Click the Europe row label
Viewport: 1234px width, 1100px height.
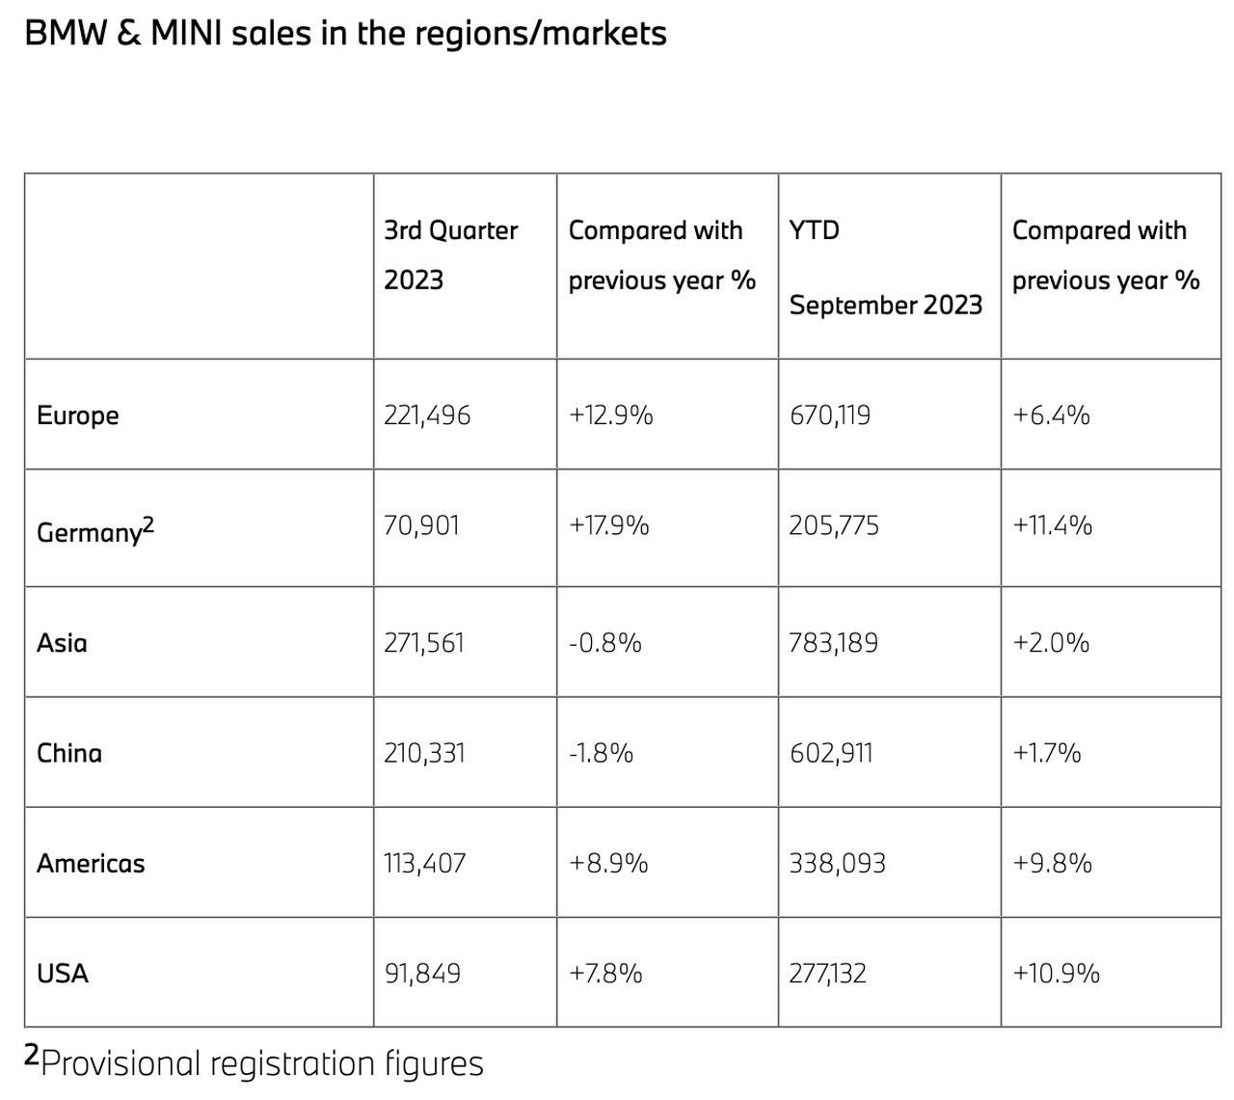77,416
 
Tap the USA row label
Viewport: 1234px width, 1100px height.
62,974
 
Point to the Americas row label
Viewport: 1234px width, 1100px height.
91,863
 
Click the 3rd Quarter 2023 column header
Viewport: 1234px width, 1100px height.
451,255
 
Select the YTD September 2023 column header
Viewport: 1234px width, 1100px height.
886,268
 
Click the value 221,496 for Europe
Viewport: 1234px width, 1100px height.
427,416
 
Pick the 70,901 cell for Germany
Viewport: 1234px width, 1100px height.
421,525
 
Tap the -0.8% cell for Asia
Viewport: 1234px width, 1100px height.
604,643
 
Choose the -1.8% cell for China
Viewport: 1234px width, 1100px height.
601,753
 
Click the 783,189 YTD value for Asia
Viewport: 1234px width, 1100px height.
833,643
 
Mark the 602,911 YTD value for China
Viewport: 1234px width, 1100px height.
831,753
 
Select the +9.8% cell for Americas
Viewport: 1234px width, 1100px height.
1052,863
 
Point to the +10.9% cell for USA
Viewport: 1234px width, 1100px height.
1056,974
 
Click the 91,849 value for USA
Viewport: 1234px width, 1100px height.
422,974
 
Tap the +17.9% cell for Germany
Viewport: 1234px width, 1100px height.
608,525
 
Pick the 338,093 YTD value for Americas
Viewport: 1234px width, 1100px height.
837,863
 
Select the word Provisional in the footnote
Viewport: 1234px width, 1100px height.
120,1063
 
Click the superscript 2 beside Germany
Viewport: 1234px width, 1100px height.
148,524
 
